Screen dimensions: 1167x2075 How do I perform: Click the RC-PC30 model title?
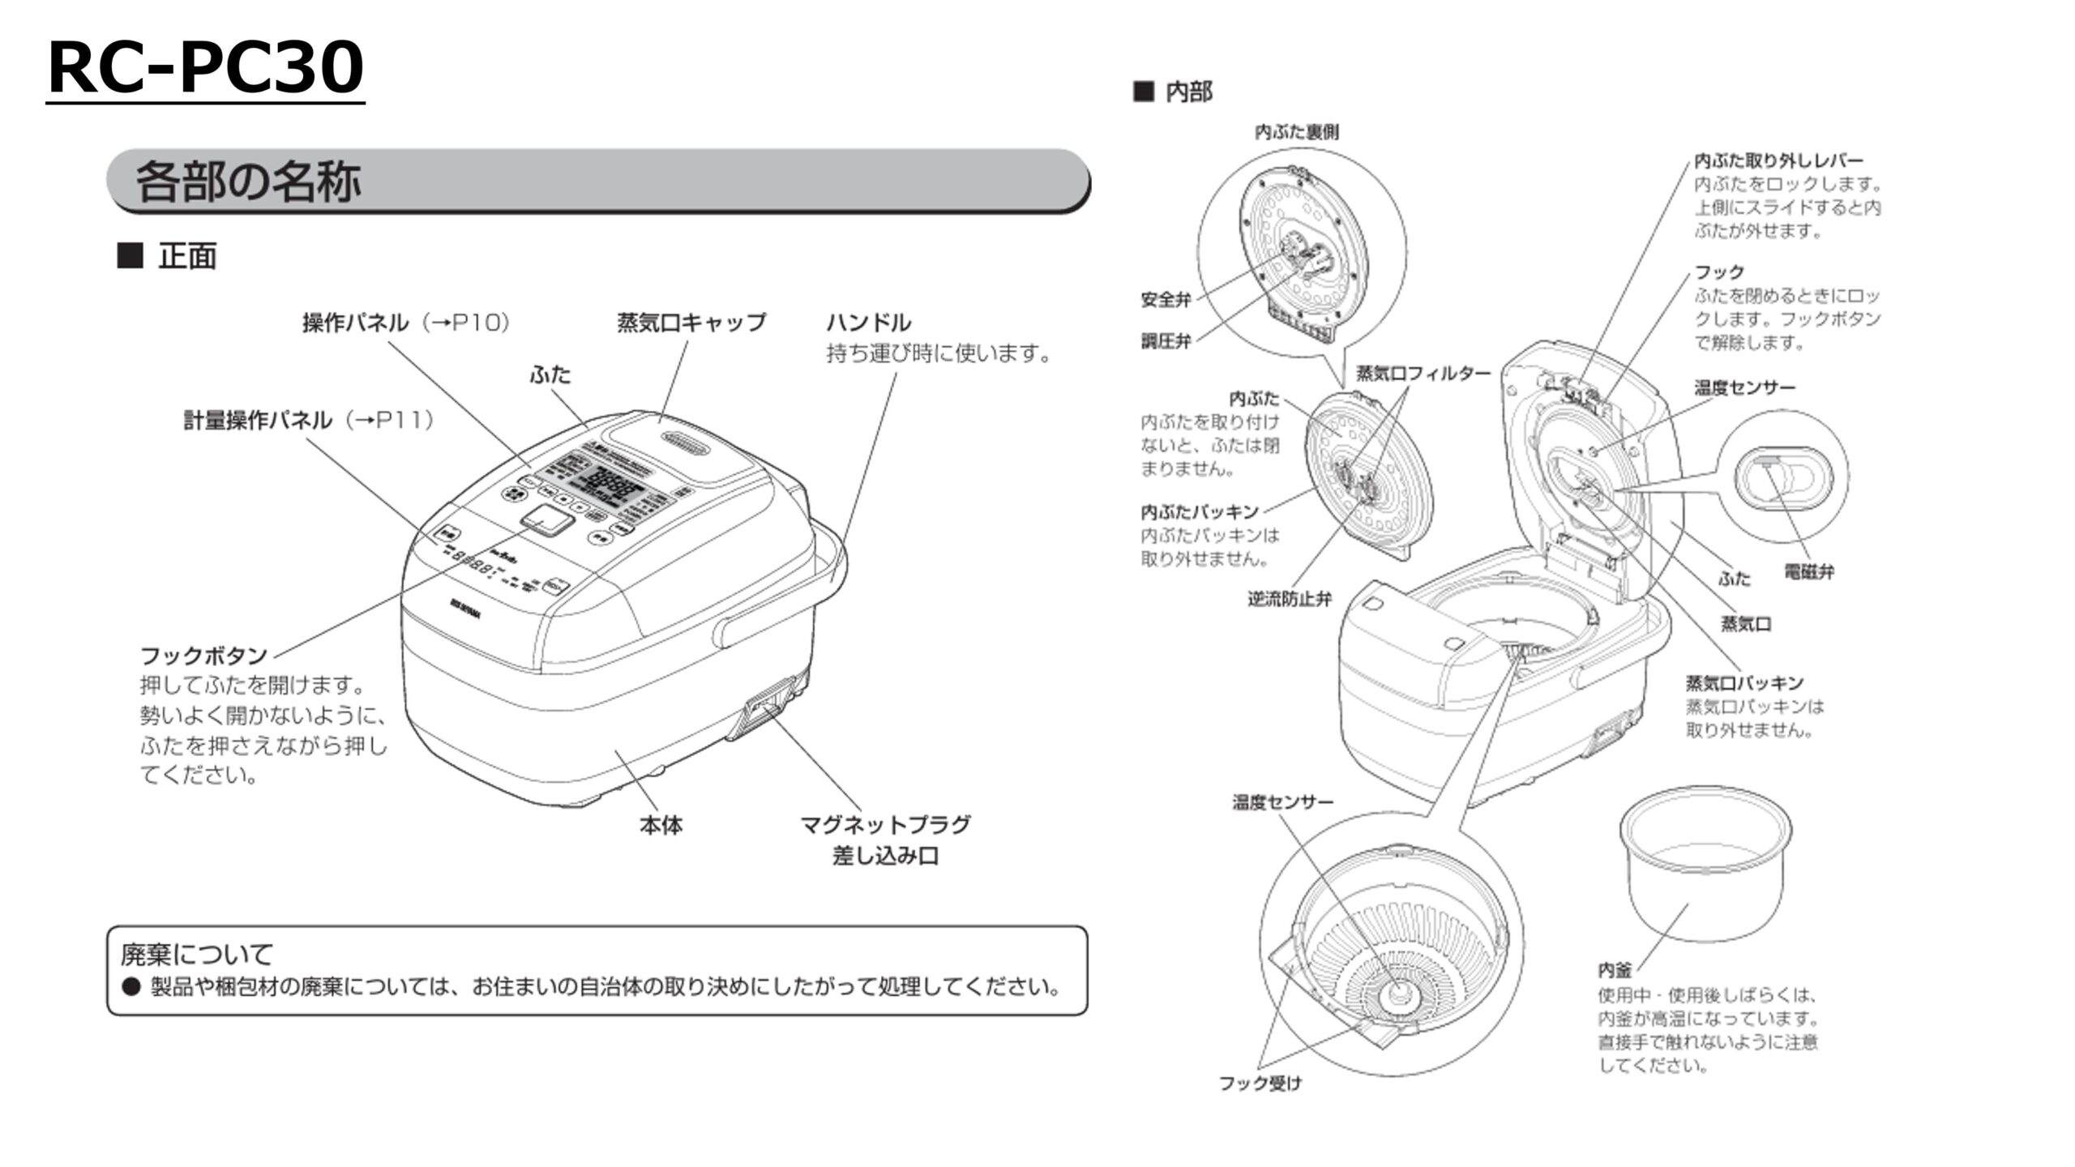[x=205, y=68]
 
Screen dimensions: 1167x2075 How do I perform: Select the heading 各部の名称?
[x=247, y=181]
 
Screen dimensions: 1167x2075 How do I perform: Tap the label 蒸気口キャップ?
[x=691, y=323]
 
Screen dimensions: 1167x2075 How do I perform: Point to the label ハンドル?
[x=868, y=323]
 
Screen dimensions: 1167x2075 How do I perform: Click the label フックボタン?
[x=203, y=655]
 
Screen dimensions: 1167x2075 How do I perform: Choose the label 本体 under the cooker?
[x=661, y=825]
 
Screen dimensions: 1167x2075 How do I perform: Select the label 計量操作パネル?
[x=257, y=420]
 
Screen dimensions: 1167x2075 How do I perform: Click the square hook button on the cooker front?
[x=545, y=519]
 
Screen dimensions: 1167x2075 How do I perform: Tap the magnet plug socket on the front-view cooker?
[x=766, y=707]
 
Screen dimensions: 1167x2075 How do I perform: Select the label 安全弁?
[x=1166, y=300]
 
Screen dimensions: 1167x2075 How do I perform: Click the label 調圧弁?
[x=1166, y=341]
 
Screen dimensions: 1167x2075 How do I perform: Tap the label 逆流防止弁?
[x=1289, y=599]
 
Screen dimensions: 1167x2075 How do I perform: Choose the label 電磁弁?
[x=1808, y=571]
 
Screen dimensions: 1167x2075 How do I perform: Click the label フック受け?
[x=1260, y=1083]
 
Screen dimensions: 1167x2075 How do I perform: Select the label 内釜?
[x=1615, y=970]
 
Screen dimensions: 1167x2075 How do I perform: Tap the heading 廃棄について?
[x=196, y=954]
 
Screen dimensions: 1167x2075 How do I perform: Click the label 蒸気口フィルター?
[x=1423, y=374]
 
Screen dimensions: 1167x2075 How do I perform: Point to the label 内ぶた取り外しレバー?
[x=1778, y=160]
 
